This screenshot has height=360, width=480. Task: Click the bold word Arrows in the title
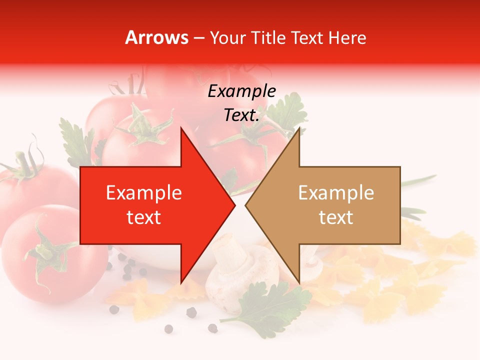(x=157, y=37)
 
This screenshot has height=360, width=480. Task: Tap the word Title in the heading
(x=268, y=37)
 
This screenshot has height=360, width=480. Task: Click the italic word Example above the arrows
(x=241, y=91)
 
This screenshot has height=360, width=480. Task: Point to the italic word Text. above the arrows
(x=241, y=115)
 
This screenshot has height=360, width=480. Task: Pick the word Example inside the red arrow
(x=144, y=193)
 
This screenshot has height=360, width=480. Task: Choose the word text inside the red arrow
(x=144, y=217)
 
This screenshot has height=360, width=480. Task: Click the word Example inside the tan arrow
(x=336, y=193)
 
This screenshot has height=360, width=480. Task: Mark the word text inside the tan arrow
(x=336, y=217)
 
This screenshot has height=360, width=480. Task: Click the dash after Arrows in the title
(x=198, y=38)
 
